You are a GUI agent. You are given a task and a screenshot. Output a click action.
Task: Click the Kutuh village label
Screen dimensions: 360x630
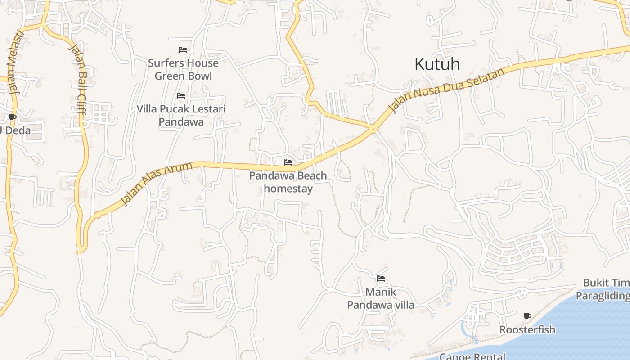click(x=437, y=64)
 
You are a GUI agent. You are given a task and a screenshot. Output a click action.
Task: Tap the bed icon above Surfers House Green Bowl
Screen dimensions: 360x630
click(x=183, y=50)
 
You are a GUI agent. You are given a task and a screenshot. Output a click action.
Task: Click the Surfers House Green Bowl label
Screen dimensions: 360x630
click(x=183, y=69)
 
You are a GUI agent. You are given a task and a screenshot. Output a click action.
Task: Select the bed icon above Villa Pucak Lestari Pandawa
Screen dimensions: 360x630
click(x=181, y=96)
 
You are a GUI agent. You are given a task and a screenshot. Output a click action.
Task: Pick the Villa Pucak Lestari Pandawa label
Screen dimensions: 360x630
click(x=181, y=115)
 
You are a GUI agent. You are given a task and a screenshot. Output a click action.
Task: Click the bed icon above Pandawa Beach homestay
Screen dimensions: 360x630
click(x=288, y=162)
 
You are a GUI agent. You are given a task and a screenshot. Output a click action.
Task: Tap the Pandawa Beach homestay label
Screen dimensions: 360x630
click(x=288, y=182)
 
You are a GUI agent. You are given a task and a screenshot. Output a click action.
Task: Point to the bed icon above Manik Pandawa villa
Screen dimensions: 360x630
click(x=380, y=279)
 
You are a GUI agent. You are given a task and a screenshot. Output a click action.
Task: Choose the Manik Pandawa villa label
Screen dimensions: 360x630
click(x=380, y=298)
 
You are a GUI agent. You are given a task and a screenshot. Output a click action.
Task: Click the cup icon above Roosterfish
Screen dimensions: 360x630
click(x=527, y=317)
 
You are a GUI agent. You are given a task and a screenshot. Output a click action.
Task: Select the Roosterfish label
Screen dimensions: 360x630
click(x=527, y=330)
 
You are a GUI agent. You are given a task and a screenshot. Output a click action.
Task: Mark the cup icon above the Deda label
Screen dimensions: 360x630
click(x=12, y=118)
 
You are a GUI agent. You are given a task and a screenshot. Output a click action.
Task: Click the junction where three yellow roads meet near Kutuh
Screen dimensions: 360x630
click(x=373, y=129)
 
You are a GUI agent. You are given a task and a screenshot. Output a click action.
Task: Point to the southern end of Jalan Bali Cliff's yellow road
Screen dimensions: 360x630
click(x=80, y=250)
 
